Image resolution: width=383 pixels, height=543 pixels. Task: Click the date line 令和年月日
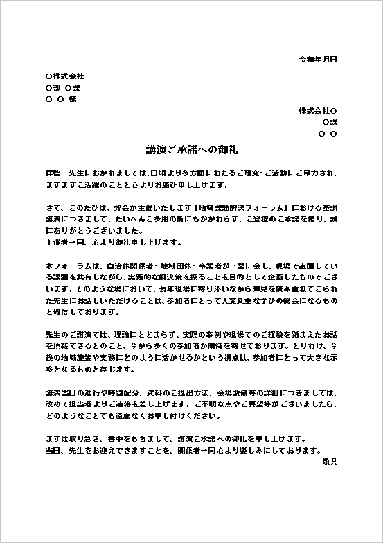317,60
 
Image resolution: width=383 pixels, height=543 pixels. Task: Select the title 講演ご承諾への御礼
192,149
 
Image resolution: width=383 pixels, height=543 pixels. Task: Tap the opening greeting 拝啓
54,171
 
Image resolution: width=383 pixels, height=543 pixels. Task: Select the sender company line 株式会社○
318,110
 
